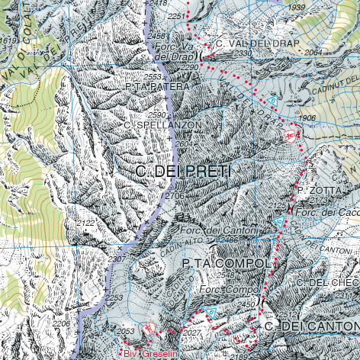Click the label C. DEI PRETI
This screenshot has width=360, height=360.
(182, 172)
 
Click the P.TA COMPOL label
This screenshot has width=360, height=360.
(227, 263)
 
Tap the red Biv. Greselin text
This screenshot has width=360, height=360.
(145, 355)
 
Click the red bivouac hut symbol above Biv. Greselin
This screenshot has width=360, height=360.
(149, 328)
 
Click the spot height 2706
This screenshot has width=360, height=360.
(175, 197)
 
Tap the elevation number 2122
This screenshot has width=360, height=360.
(86, 223)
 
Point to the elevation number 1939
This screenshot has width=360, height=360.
(297, 8)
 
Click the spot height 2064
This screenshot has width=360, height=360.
(313, 53)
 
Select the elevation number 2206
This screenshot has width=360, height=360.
(61, 324)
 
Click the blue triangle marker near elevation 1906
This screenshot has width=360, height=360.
(272, 101)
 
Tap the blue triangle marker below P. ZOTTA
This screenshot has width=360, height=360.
(279, 222)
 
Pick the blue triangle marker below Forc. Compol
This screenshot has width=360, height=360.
(211, 313)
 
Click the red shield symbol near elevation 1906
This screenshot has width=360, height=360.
(290, 135)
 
